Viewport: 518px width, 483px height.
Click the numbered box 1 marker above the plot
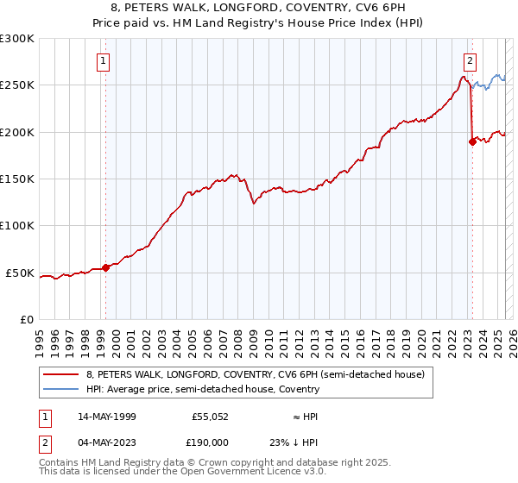[103, 61]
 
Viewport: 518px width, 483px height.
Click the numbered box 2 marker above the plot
[470, 61]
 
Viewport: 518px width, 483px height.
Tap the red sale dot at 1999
[106, 267]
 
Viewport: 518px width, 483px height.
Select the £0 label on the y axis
[26, 320]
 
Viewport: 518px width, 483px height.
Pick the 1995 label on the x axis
[40, 340]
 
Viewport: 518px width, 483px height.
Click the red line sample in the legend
[60, 375]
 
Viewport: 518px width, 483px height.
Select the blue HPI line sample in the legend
[60, 390]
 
